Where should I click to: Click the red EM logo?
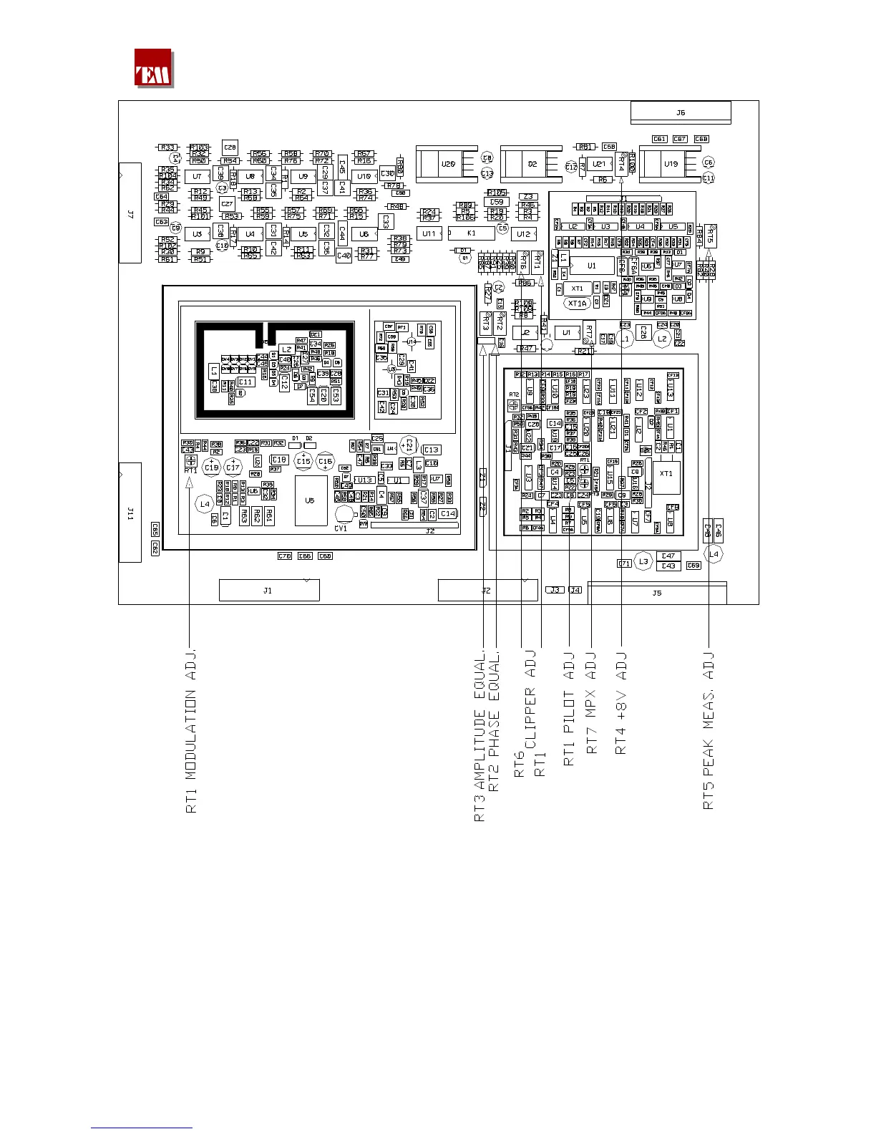153,68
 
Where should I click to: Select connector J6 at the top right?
681,112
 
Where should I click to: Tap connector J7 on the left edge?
130,213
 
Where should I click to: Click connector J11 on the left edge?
130,512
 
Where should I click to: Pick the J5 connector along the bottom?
657,593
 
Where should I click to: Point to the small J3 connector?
555,590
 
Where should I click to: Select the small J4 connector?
575,590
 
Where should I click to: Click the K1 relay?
471,233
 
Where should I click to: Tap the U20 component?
448,164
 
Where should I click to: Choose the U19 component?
671,164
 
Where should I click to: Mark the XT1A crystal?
577,304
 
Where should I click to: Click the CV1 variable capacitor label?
341,528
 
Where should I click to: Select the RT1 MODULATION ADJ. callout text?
191,730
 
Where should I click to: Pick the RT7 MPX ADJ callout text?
592,702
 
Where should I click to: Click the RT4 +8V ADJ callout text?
621,702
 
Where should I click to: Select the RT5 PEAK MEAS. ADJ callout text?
709,730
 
